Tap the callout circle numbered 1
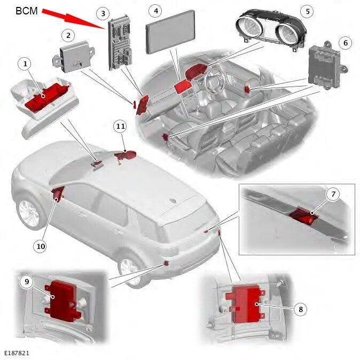point(24,64)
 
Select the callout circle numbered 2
point(67,35)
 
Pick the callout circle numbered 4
point(155,10)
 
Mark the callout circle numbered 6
point(345,42)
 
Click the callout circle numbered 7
point(333,194)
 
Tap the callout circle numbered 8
point(300,308)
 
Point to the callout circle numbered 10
point(40,246)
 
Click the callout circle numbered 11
point(120,126)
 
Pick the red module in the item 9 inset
point(64,299)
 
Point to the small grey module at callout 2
point(75,56)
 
